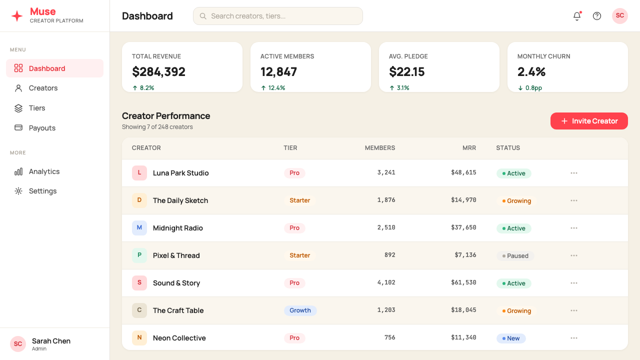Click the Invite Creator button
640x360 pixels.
pyautogui.click(x=589, y=121)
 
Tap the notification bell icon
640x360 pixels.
pyautogui.click(x=577, y=16)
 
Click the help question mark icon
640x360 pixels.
pyautogui.click(x=597, y=16)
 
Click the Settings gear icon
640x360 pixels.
pyautogui.click(x=18, y=191)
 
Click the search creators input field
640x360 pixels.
pyautogui.click(x=277, y=16)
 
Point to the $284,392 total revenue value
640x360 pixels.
pyautogui.click(x=158, y=71)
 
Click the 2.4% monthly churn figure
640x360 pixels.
pyautogui.click(x=531, y=71)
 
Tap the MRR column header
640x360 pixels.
pyautogui.click(x=469, y=147)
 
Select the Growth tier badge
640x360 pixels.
pyautogui.click(x=300, y=310)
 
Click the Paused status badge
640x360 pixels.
pyautogui.click(x=515, y=255)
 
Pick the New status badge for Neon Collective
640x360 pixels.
pyautogui.click(x=511, y=338)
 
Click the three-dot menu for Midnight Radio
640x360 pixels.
pyautogui.click(x=573, y=228)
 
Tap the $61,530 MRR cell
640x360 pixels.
pyautogui.click(x=463, y=282)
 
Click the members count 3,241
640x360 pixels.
pyautogui.click(x=386, y=172)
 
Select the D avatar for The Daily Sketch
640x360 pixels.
pyautogui.click(x=139, y=200)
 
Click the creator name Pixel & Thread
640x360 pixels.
pyautogui.click(x=176, y=255)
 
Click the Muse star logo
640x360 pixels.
pyautogui.click(x=17, y=16)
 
